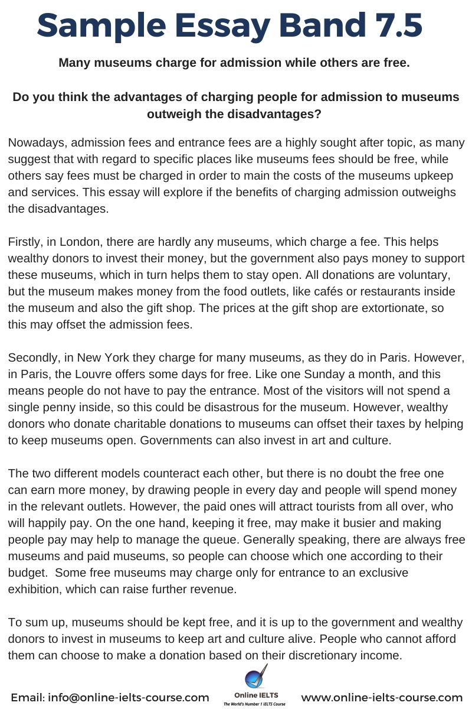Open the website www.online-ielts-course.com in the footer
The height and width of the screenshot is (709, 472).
(x=382, y=698)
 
